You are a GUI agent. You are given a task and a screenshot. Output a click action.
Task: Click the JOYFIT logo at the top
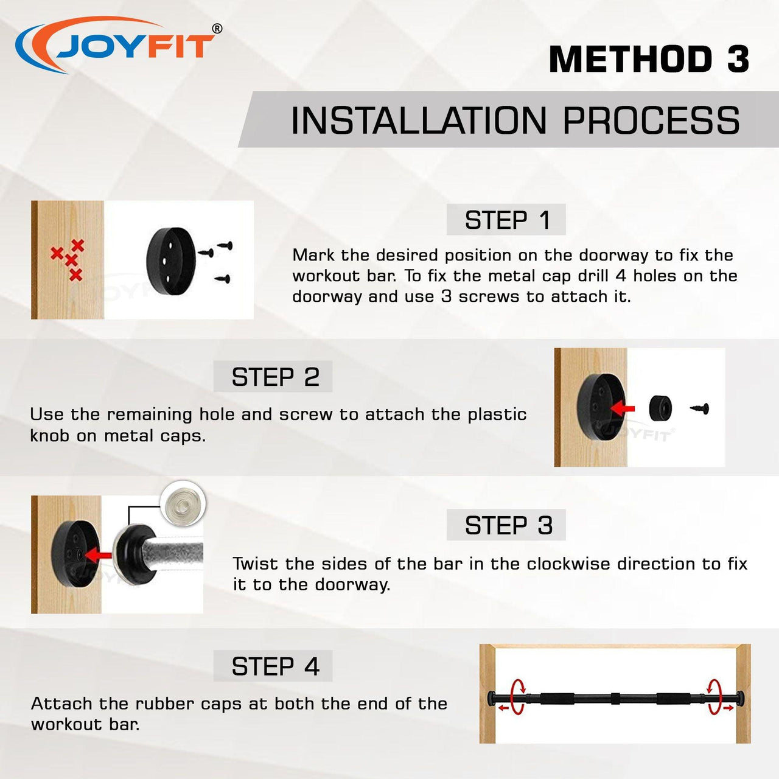(117, 45)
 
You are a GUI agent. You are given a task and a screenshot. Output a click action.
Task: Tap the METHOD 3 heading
(649, 59)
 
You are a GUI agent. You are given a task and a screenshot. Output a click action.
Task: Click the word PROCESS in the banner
(651, 121)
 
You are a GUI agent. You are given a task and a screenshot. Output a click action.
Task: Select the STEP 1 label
(507, 220)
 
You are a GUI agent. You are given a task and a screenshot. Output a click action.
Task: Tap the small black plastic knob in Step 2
(660, 408)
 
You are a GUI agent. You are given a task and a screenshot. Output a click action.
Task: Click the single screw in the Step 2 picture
(700, 409)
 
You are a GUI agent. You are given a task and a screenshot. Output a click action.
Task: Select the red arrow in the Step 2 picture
(623, 408)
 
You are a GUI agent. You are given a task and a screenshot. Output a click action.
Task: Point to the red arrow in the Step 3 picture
(99, 554)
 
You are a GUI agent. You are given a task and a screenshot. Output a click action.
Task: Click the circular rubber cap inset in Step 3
(183, 504)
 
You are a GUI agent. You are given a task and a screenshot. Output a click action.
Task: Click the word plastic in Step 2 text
(497, 415)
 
